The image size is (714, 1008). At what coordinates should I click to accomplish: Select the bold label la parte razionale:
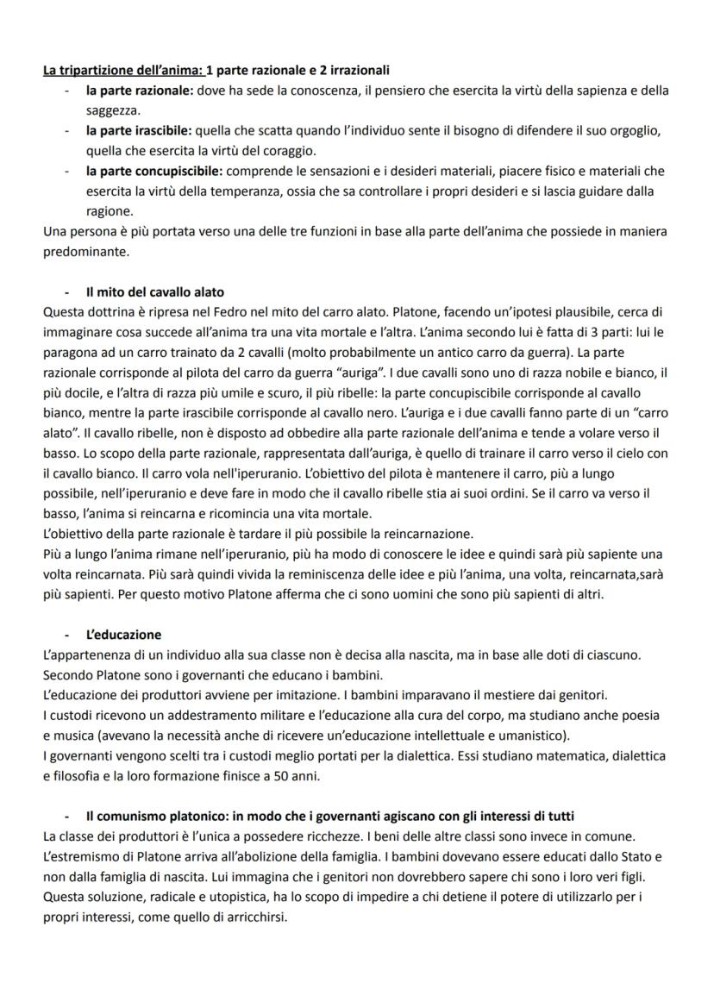[x=140, y=91]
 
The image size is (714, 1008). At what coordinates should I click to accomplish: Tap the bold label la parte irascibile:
[x=140, y=131]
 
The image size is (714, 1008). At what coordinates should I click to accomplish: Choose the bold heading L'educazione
[x=123, y=635]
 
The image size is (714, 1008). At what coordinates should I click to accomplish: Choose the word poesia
[x=649, y=716]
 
